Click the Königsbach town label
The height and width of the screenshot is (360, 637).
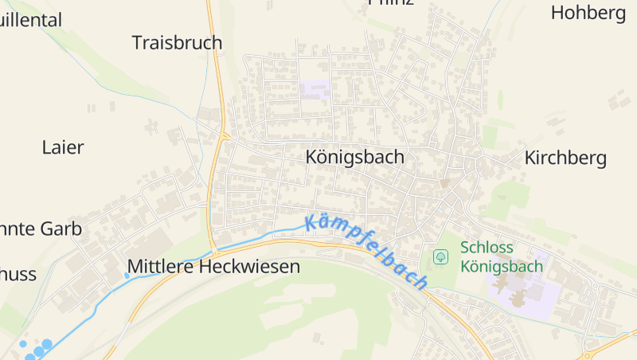pos(354,157)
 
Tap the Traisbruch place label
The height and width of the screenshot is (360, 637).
pos(177,42)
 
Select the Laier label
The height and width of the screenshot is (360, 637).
pos(63,147)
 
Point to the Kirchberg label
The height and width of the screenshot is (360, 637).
pos(565,158)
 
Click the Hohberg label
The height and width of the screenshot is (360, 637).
pos(588,13)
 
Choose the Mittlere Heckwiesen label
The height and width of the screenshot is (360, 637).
pos(214,267)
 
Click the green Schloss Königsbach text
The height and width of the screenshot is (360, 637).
pos(502,256)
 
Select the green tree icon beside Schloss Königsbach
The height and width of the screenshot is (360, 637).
pos(440,256)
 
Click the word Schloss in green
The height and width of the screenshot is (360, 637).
pos(487,247)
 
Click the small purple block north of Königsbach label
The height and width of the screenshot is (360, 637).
pos(315,89)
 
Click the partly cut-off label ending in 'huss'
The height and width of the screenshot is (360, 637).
pos(18,275)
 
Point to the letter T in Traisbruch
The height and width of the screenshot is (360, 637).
pos(137,42)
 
